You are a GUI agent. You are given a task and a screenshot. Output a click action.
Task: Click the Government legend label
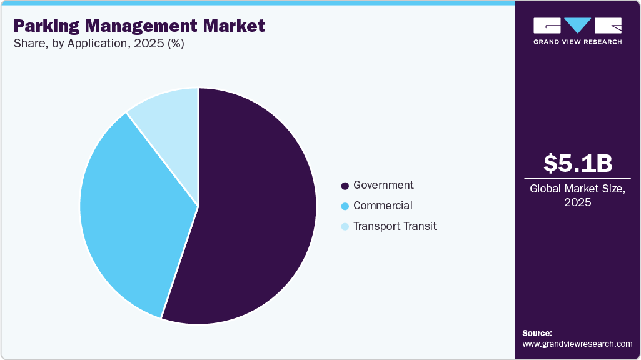click(x=383, y=185)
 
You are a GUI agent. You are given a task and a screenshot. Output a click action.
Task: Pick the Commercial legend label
click(x=383, y=206)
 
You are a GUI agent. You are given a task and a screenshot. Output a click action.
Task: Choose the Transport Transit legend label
click(x=395, y=226)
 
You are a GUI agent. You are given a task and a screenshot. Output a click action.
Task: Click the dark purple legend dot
click(x=345, y=186)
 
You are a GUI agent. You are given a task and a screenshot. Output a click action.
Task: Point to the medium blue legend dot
click(x=345, y=206)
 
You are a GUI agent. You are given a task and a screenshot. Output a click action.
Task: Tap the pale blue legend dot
click(x=345, y=227)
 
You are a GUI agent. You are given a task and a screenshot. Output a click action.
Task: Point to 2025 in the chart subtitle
click(x=149, y=44)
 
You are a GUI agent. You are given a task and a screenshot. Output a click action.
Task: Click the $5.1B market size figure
click(x=577, y=164)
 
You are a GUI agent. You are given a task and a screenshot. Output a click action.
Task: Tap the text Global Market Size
click(x=577, y=189)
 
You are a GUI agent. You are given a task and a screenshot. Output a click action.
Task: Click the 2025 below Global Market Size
click(x=577, y=203)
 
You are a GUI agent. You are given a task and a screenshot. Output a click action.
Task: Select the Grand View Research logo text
click(x=577, y=42)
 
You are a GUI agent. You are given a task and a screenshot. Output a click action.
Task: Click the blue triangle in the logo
click(x=577, y=26)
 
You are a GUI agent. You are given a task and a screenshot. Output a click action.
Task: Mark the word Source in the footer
click(x=537, y=333)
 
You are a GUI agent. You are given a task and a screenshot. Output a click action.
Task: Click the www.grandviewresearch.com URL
click(x=577, y=344)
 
